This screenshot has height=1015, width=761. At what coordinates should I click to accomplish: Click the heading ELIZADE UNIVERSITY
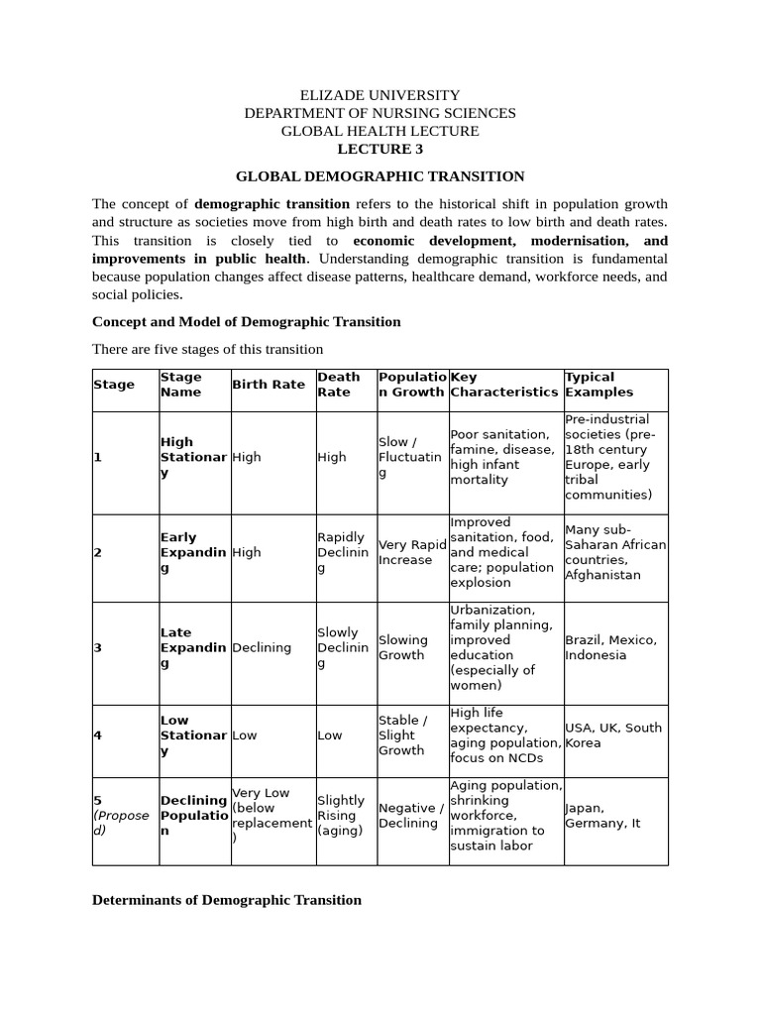pyautogui.click(x=380, y=95)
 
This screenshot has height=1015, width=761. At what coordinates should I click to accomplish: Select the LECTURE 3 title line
pyautogui.click(x=380, y=149)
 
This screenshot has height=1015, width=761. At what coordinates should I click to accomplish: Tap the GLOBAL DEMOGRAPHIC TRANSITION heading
pyautogui.click(x=380, y=176)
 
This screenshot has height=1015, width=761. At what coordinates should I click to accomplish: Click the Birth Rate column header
pyautogui.click(x=268, y=385)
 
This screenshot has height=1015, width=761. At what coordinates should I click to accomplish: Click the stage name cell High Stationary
pyautogui.click(x=193, y=457)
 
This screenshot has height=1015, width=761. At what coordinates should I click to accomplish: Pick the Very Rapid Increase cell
pyautogui.click(x=412, y=552)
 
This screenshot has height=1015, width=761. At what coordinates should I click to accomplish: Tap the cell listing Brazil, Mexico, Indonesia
pyautogui.click(x=610, y=647)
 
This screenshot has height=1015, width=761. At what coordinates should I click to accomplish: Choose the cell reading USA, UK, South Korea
pyautogui.click(x=612, y=734)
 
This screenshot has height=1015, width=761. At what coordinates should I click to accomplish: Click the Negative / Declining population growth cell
pyautogui.click(x=411, y=816)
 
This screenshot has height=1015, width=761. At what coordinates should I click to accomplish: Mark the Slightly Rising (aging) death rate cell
pyautogui.click(x=342, y=815)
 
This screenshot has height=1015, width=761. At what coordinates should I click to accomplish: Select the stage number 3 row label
pyautogui.click(x=98, y=647)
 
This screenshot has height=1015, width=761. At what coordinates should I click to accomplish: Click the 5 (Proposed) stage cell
pyautogui.click(x=122, y=815)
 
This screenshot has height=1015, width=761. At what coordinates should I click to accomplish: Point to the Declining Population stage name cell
pyautogui.click(x=193, y=815)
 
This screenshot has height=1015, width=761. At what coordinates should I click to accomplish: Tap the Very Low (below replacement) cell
pyautogui.click(x=270, y=815)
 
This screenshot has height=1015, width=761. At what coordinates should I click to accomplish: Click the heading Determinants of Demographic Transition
pyautogui.click(x=226, y=900)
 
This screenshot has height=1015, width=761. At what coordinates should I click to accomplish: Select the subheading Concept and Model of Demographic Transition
pyautogui.click(x=246, y=321)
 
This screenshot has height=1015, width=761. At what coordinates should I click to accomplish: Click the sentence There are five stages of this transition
pyautogui.click(x=207, y=348)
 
